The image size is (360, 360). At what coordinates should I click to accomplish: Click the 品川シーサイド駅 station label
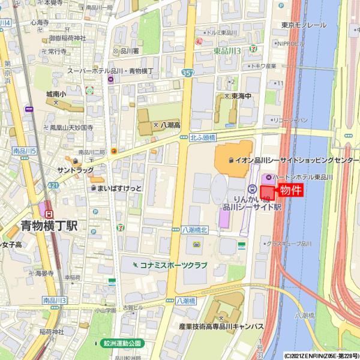(x=252, y=206)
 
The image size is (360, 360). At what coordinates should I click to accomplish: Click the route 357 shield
(x=188, y=72)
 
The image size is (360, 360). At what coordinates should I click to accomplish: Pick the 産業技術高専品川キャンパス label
(x=221, y=326)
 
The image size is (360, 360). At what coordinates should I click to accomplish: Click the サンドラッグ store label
(x=75, y=171)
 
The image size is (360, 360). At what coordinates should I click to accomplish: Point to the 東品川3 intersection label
(x=227, y=51)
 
